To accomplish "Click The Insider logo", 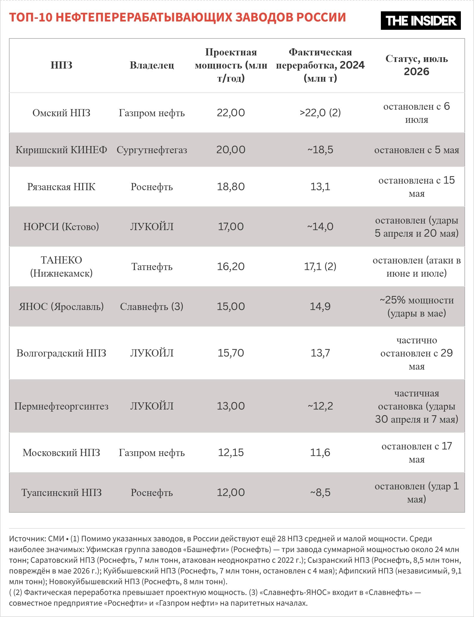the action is [x=421, y=21].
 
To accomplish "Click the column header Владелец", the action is [x=152, y=65].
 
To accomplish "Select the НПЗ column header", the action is [x=61, y=65].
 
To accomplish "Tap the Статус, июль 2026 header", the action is [x=417, y=65].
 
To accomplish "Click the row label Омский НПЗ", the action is [x=61, y=113].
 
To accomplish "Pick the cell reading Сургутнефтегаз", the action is [x=152, y=150].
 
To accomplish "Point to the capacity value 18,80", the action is [x=231, y=187].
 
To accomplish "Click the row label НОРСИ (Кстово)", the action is [x=61, y=227].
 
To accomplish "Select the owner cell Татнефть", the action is [x=152, y=267].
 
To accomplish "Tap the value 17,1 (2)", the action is [x=320, y=267].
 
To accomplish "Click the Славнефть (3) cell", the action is [x=152, y=307].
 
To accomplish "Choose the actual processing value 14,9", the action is [x=320, y=307].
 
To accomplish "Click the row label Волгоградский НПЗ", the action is [x=61, y=353].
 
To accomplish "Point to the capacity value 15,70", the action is [x=231, y=353].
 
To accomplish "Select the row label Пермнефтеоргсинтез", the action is [x=61, y=406].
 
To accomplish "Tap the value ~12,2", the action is [x=320, y=406].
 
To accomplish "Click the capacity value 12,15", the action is [x=231, y=453].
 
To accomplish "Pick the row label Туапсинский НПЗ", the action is [x=61, y=493].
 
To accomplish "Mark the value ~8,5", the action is [x=320, y=493].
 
